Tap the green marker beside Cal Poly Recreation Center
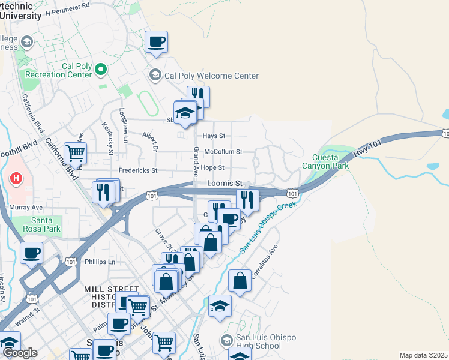(101, 70)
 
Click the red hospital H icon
(16, 179)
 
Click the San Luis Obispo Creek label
(269, 227)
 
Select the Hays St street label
(214, 136)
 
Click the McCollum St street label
(223, 152)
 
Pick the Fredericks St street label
(137, 170)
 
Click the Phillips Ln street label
(99, 262)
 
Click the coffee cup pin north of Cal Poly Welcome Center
(156, 42)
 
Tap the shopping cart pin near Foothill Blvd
(75, 153)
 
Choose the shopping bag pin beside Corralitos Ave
(240, 281)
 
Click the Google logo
(19, 353)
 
